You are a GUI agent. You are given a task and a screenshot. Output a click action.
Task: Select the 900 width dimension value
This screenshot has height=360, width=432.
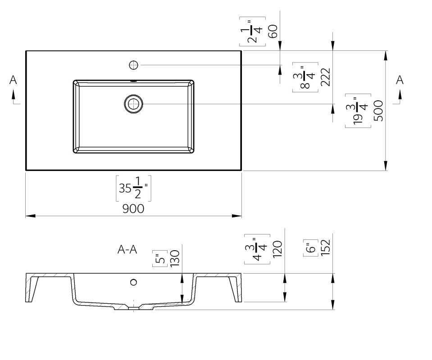pos(133,209)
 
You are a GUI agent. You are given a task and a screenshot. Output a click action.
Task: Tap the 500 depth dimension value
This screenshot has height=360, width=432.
pos(378,111)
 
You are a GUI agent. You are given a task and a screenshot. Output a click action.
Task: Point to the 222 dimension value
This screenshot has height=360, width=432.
pos(325,77)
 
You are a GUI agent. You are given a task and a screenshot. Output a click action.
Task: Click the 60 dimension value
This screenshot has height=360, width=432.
pos(273,31)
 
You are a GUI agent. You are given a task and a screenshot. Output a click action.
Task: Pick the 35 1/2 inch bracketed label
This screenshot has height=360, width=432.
pos(133,188)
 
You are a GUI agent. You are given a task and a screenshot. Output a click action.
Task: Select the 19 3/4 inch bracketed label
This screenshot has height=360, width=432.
pos(358,111)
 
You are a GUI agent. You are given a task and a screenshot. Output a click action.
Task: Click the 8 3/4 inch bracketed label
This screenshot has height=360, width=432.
pos(305,77)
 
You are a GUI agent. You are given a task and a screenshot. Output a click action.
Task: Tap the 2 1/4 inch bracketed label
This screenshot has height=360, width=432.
pos(252,31)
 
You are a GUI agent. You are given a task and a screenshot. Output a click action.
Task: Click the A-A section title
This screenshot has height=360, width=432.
pos(127,250)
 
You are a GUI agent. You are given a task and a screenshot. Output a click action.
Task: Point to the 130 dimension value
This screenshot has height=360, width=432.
pos(175,258)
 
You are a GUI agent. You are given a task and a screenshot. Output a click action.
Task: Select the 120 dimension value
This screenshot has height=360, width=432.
pos(277,249)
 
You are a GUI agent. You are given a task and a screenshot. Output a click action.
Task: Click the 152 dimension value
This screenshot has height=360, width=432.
pos(325,247)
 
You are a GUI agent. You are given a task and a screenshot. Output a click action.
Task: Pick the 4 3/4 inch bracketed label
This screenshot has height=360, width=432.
pos(257,249)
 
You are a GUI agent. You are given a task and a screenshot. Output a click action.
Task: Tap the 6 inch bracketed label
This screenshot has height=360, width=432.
pos(311,248)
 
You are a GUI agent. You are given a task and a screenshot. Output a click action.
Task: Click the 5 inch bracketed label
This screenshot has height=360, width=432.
pos(160,259)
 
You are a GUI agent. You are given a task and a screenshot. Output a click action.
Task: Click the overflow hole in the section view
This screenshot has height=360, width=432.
pos(134,282)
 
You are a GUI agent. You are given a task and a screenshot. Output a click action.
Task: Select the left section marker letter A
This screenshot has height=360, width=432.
pos(13,80)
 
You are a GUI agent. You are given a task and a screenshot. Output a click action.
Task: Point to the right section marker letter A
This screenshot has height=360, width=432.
pos(400,80)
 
